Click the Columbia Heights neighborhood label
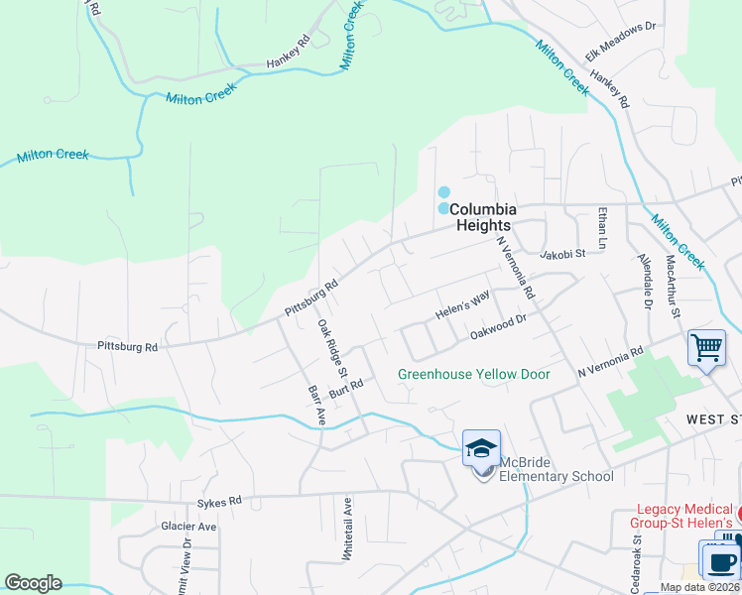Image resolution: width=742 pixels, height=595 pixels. [483, 217]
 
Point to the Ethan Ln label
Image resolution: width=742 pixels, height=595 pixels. [601, 227]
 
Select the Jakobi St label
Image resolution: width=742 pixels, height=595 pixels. [563, 255]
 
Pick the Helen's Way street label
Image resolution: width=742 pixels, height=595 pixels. [462, 305]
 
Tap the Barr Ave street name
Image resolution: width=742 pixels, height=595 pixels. [316, 406]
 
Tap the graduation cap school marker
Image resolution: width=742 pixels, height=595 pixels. [481, 448]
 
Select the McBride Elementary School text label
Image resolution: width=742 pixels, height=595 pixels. [556, 469]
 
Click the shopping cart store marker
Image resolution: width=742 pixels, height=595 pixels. [706, 348]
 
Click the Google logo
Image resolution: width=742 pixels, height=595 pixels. [33, 583]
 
